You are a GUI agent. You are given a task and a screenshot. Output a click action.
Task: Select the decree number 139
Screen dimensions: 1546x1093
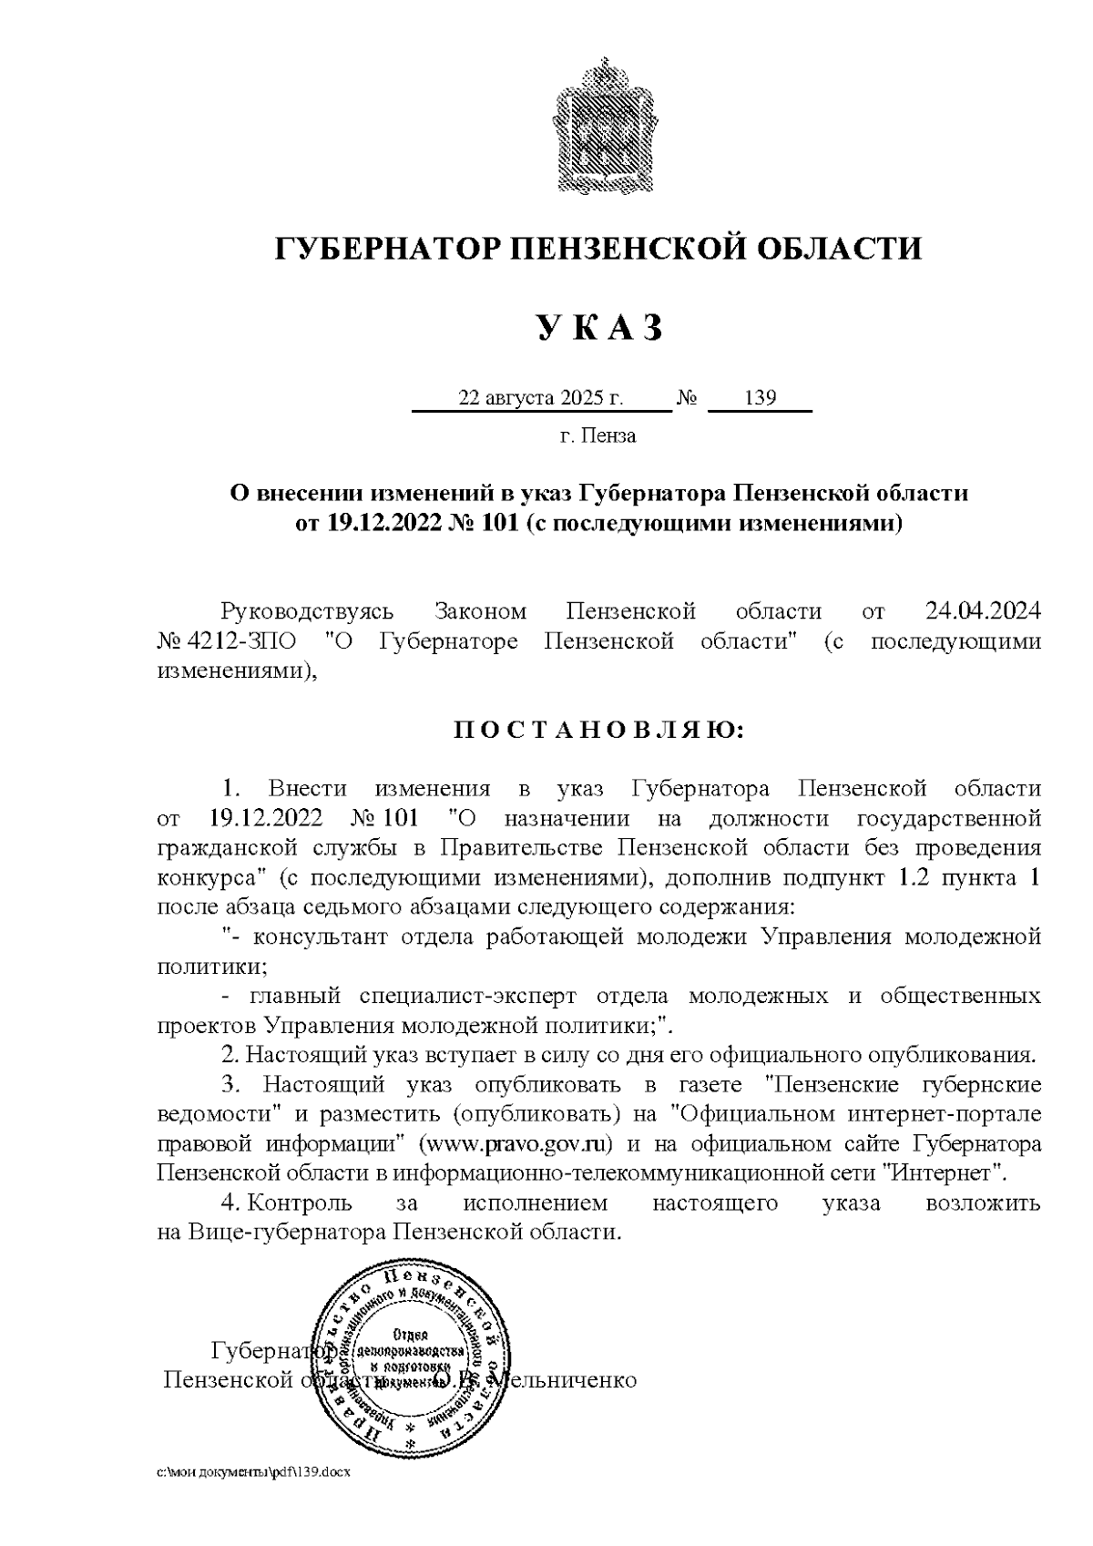760,398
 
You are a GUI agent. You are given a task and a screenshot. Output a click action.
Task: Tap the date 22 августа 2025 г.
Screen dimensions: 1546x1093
541,398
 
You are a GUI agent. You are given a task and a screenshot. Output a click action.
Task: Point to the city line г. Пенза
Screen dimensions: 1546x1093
598,435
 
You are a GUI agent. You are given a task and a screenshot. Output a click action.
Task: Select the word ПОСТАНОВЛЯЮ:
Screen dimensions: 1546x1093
598,731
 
